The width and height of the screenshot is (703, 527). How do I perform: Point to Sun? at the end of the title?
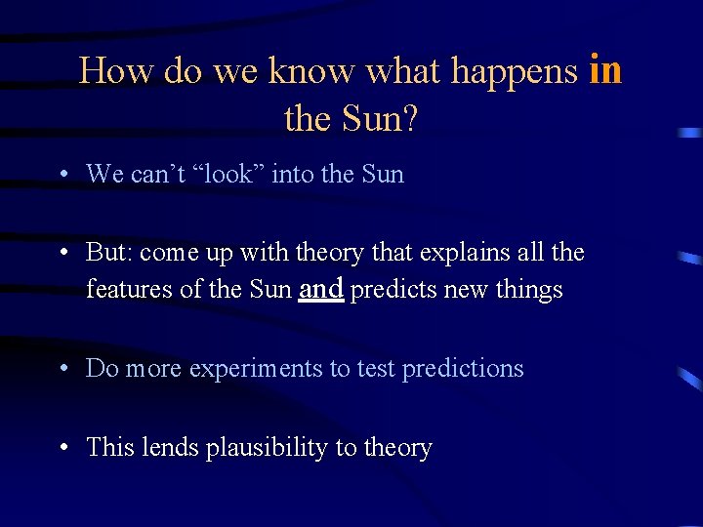[380, 119]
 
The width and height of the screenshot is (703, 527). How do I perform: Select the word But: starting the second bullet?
[109, 253]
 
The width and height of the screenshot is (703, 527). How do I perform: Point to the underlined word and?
[321, 289]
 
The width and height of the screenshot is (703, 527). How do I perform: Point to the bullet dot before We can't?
[62, 175]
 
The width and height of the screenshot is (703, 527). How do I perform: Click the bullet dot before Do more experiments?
[62, 369]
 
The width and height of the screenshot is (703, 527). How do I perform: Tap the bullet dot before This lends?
[62, 448]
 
